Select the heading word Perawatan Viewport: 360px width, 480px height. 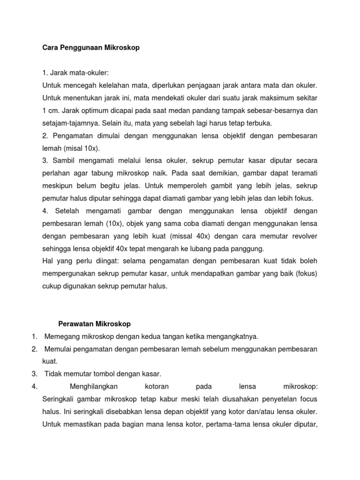pyautogui.click(x=76, y=324)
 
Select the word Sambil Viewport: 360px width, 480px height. pyautogui.click(x=61, y=161)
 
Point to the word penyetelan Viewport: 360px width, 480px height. pyautogui.click(x=274, y=399)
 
